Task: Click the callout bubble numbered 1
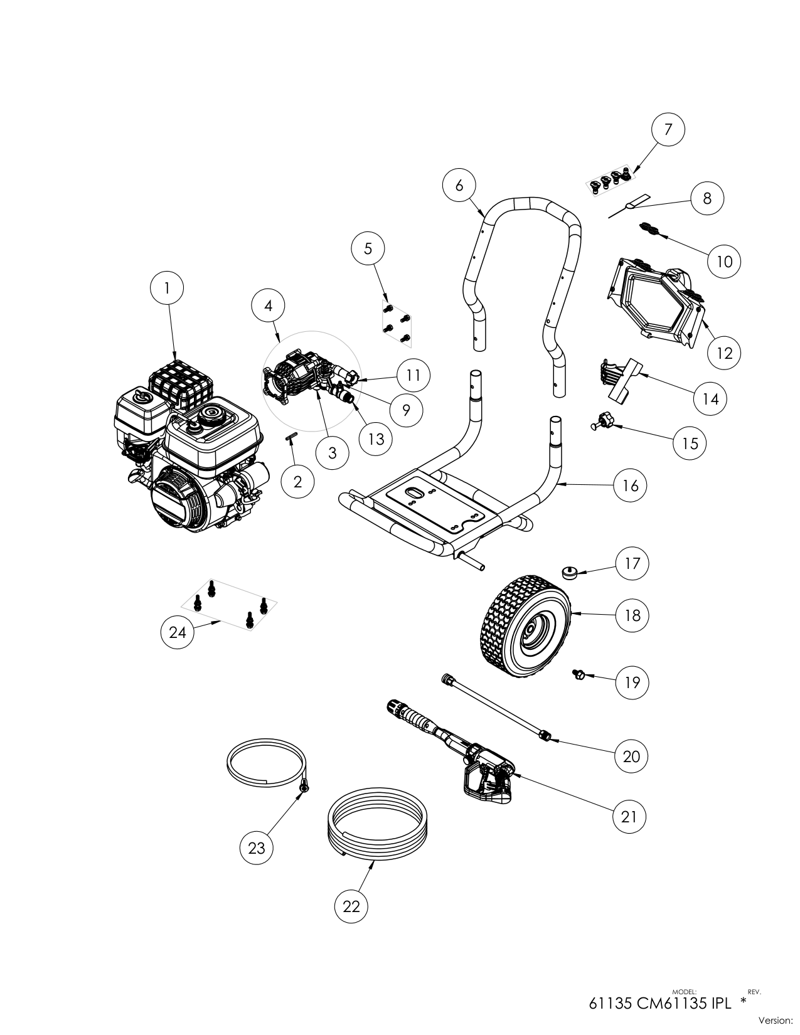pos(167,288)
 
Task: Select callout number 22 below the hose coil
pos(351,906)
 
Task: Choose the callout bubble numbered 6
pos(459,185)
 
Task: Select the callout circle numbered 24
pos(178,632)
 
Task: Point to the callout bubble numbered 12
pos(724,353)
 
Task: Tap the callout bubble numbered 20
pos(631,756)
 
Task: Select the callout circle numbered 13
pos(375,438)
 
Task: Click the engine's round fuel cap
pos(207,415)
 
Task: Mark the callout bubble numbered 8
pos(707,198)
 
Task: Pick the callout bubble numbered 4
pos(269,305)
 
